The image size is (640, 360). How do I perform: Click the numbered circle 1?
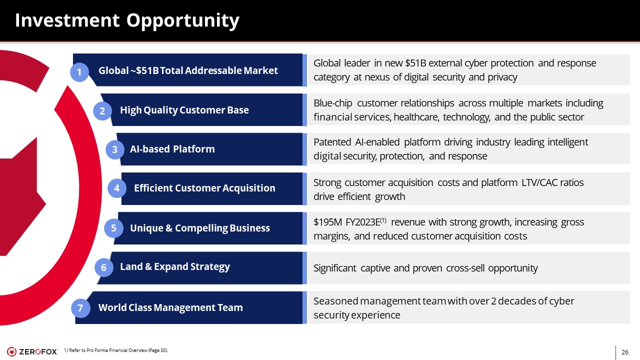pyautogui.click(x=79, y=72)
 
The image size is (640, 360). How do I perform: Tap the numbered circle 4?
pyautogui.click(x=117, y=188)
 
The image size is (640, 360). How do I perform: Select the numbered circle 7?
pyautogui.click(x=80, y=308)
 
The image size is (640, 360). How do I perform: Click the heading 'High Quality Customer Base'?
pyautogui.click(x=184, y=110)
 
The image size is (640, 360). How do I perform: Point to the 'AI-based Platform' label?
pyautogui.click(x=172, y=149)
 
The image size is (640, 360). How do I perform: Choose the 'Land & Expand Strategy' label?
pyautogui.click(x=175, y=267)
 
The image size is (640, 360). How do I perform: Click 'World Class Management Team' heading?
pyautogui.click(x=170, y=307)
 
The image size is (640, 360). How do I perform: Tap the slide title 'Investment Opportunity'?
pyautogui.click(x=127, y=20)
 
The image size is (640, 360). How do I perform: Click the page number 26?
pyautogui.click(x=625, y=352)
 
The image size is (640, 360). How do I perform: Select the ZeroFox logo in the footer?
pyautogui.click(x=32, y=351)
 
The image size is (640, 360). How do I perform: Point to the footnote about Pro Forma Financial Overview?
pyautogui.click(x=116, y=350)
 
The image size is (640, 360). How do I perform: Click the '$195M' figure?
pyautogui.click(x=327, y=222)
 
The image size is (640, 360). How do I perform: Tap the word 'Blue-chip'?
pyautogui.click(x=333, y=103)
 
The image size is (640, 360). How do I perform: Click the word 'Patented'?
pyautogui.click(x=332, y=142)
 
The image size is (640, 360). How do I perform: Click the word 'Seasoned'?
pyautogui.click(x=335, y=301)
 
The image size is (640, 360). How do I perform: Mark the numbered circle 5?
pyautogui.click(x=113, y=228)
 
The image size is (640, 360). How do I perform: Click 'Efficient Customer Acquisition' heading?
pyautogui.click(x=204, y=188)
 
